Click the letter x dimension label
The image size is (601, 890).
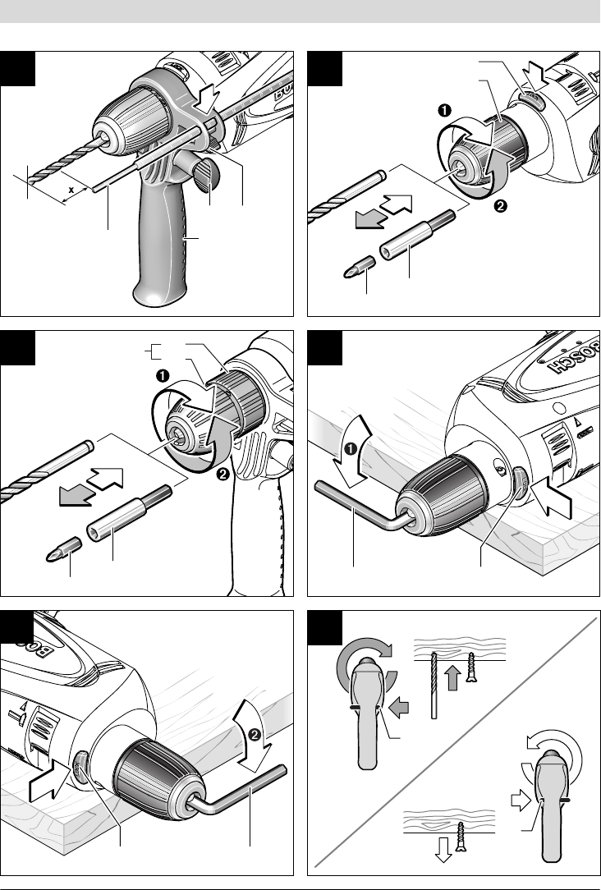71,188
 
